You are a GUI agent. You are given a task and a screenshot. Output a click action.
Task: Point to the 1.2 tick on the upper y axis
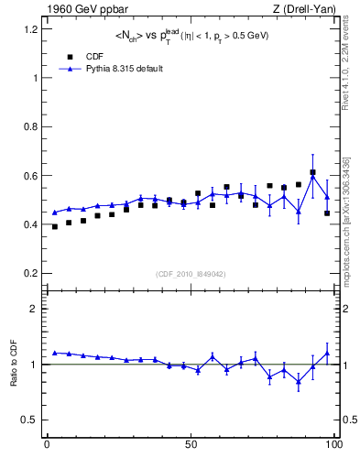[29, 28]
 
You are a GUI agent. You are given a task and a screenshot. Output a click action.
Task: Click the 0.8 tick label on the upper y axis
[29, 126]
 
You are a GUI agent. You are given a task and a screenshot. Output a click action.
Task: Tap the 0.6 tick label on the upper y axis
[29, 175]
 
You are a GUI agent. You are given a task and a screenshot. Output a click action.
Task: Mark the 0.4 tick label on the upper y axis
[29, 224]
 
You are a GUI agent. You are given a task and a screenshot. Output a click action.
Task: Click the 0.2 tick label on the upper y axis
[29, 273]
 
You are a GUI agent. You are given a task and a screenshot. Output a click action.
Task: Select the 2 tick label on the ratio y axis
[33, 309]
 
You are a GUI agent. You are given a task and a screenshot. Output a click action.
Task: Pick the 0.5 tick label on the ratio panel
[29, 420]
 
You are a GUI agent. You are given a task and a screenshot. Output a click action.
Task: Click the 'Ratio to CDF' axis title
[13, 377]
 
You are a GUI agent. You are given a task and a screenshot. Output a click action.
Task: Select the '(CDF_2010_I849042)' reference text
[191, 273]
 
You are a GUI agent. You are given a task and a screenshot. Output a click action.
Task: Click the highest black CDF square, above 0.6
[312, 172]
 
